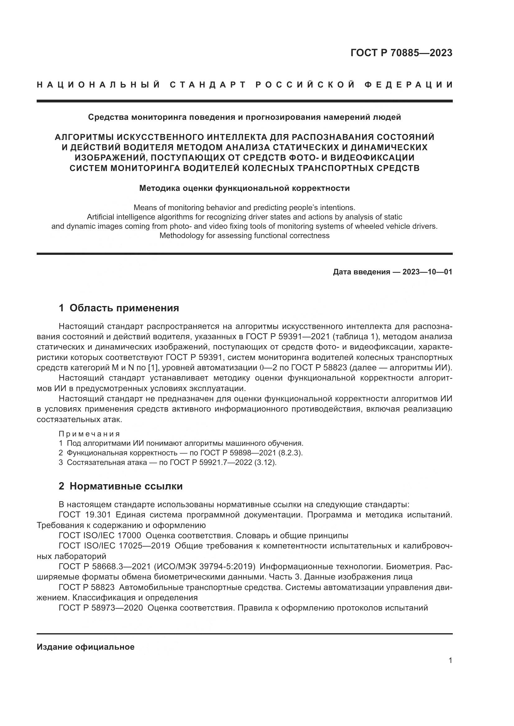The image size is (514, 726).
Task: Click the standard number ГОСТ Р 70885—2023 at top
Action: (x=401, y=53)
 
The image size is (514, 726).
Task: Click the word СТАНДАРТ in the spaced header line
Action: (x=208, y=85)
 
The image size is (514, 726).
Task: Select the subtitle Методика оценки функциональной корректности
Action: (x=244, y=188)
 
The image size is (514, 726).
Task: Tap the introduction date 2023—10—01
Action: (x=427, y=272)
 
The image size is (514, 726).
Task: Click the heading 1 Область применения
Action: (x=119, y=308)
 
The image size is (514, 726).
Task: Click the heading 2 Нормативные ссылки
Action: (x=121, y=486)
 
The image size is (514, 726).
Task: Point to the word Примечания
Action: (x=89, y=434)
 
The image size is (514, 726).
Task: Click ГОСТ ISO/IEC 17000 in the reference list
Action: (x=100, y=536)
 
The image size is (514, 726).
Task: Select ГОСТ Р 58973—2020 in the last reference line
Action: (x=101, y=608)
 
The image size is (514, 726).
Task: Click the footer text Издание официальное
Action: (x=85, y=647)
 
